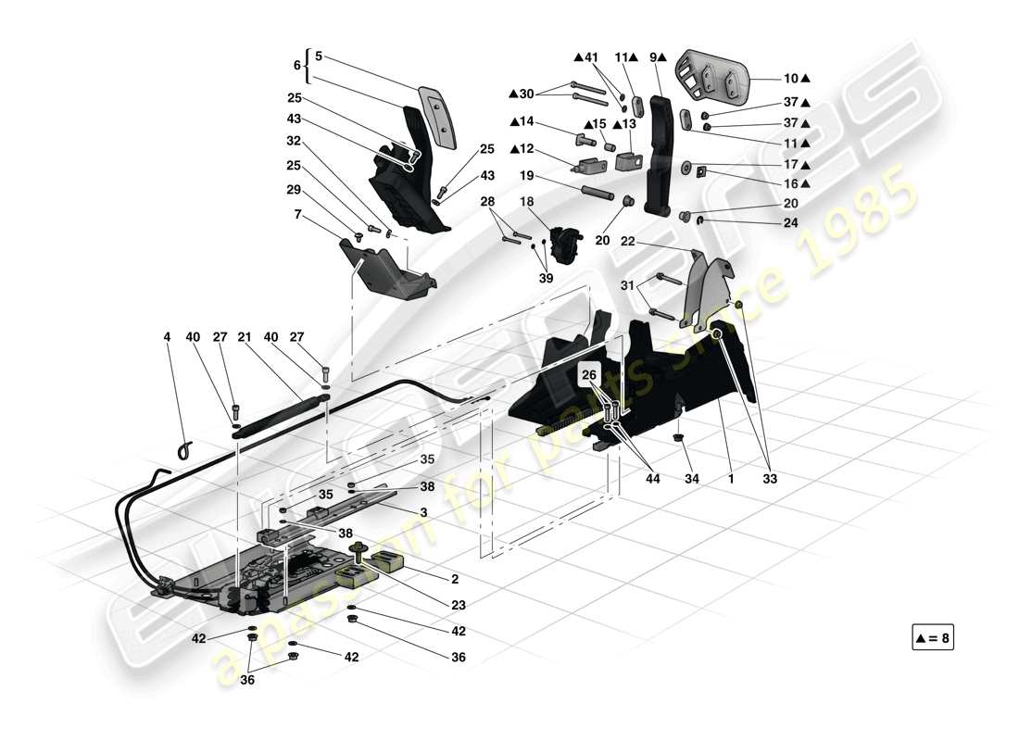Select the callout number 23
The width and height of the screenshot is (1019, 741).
coord(459,604)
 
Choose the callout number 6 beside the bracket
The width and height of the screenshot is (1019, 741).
coord(297,67)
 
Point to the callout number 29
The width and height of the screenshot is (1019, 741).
coord(295,189)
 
